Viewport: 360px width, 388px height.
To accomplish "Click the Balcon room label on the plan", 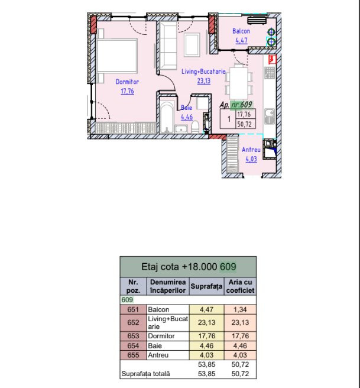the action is click(241, 31).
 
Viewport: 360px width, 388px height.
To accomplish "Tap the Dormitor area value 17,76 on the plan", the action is click(127, 91).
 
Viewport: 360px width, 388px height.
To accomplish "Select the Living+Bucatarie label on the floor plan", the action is click(203, 72).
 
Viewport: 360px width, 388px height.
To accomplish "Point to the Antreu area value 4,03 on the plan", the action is click(251, 159).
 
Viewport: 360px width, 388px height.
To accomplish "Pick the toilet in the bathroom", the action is click(195, 127).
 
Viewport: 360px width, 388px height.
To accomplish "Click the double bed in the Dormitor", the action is click(117, 56).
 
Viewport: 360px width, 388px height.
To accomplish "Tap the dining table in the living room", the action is click(239, 83).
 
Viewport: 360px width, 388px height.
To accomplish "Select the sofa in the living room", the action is click(168, 46).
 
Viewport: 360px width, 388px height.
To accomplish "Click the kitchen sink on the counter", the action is click(269, 117).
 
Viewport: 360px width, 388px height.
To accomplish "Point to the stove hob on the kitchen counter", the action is click(269, 73).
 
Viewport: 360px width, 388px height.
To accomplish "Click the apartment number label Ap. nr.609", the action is click(236, 105).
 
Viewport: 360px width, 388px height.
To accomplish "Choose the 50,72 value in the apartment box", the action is click(244, 124).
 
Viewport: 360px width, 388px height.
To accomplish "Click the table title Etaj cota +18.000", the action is click(179, 267).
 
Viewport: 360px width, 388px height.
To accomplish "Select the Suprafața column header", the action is click(206, 286).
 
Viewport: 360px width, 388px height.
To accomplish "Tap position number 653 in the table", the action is click(133, 336).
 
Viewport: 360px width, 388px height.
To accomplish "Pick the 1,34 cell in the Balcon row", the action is click(240, 309).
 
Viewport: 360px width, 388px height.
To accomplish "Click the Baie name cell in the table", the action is click(155, 345).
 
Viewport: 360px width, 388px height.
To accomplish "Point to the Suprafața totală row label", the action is click(145, 374).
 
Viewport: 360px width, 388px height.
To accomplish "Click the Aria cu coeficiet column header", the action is click(240, 286).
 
